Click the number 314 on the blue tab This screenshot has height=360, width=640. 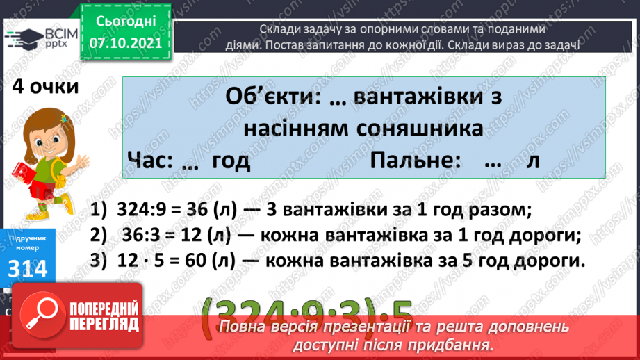[28, 268]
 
